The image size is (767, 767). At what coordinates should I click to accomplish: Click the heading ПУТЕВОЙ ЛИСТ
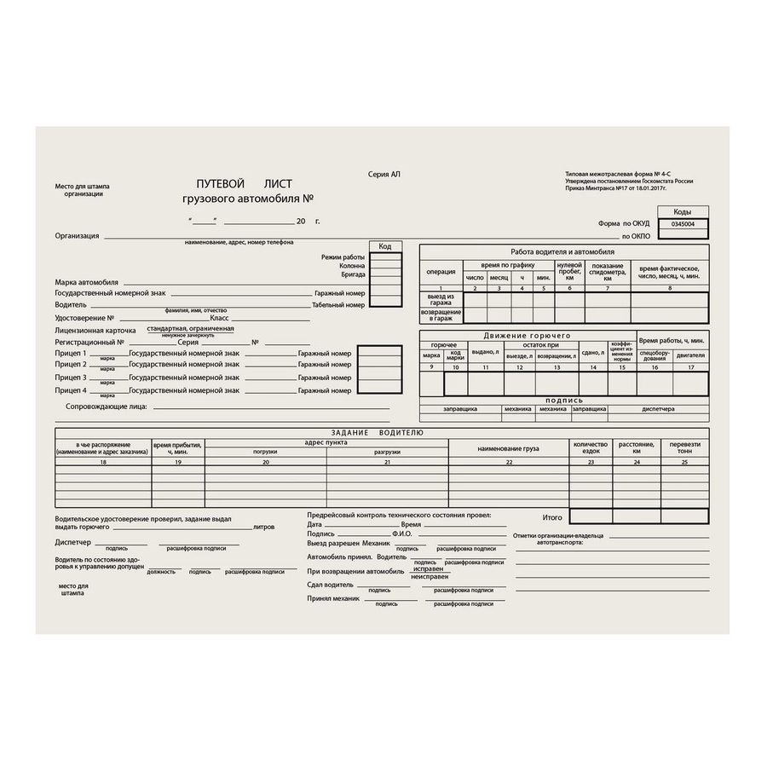pyautogui.click(x=244, y=184)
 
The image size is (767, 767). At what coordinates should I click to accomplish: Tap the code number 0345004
pyautogui.click(x=683, y=224)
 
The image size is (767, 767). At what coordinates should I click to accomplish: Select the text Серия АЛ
pyautogui.click(x=383, y=174)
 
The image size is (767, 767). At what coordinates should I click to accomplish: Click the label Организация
pyautogui.click(x=78, y=236)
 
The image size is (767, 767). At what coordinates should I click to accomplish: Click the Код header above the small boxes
pyautogui.click(x=385, y=246)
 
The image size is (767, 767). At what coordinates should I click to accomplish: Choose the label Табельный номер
pyautogui.click(x=338, y=304)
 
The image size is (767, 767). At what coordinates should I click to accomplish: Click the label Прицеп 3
pyautogui.click(x=71, y=378)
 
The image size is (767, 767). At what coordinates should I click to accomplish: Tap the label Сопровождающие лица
pyautogui.click(x=107, y=407)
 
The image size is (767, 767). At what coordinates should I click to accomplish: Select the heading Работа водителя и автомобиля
pyautogui.click(x=562, y=252)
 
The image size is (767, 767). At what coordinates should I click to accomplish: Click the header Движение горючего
pyautogui.click(x=527, y=336)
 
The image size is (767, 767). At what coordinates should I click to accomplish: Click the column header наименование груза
pyautogui.click(x=509, y=447)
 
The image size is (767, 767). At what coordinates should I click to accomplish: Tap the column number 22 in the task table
pyautogui.click(x=509, y=462)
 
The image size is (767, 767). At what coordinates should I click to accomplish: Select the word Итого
pyautogui.click(x=552, y=516)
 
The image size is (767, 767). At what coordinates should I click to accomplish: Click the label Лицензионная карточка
pyautogui.click(x=95, y=329)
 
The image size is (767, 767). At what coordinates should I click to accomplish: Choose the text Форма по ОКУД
pyautogui.click(x=624, y=223)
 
